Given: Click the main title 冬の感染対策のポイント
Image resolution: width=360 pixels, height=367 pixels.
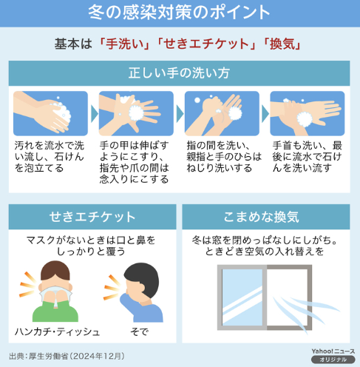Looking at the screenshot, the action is [179, 13].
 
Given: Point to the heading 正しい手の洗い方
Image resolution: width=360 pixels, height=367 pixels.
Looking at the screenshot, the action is [179, 73].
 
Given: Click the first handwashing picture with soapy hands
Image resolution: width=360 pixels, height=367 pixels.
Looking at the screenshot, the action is [50, 113].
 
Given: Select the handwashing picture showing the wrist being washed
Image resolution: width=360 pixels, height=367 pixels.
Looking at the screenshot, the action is [308, 113].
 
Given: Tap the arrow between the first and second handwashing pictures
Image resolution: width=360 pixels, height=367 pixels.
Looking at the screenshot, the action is [94, 114].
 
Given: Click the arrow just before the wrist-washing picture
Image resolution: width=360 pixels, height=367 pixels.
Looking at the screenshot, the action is [265, 114].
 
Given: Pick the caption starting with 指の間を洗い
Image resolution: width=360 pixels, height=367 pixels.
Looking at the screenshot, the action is [224, 157].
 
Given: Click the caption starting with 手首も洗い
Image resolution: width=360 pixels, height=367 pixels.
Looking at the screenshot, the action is [308, 157].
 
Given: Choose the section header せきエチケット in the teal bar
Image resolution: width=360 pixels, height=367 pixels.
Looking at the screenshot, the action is [92, 217].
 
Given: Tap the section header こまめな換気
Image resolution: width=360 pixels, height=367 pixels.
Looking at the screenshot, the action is [262, 217].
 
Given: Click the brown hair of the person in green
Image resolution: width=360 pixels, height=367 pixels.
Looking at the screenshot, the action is [55, 269].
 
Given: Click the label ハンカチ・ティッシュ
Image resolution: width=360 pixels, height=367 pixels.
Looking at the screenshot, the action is [57, 331].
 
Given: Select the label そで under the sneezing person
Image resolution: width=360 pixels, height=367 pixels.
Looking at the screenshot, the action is [140, 331].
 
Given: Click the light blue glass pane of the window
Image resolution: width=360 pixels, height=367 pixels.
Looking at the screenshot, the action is [242, 297].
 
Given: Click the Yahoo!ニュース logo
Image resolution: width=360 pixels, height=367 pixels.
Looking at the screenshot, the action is [333, 351].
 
